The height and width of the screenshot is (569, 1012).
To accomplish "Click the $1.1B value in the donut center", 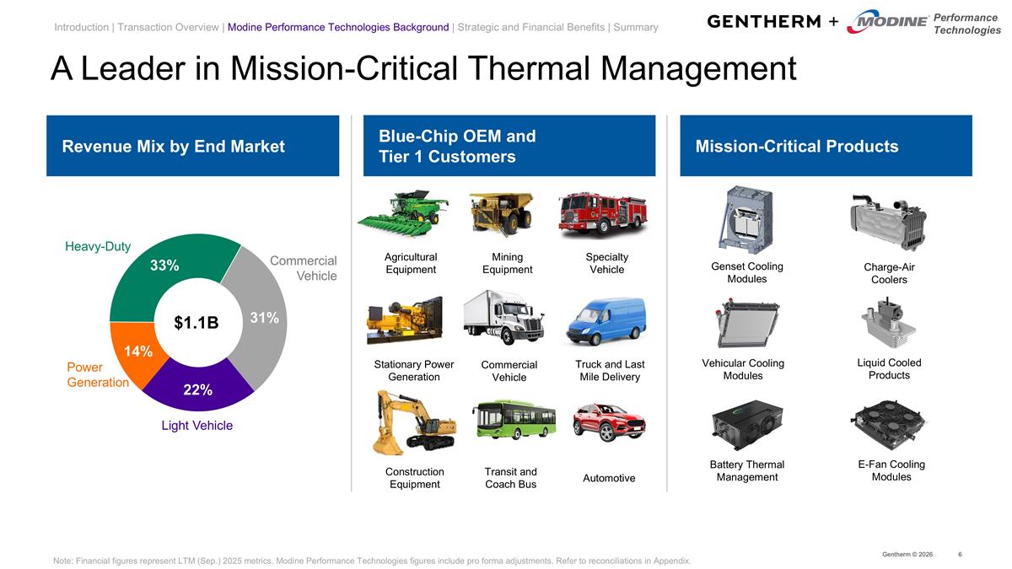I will click(x=196, y=323).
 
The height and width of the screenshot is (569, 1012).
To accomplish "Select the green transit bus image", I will click(x=513, y=419).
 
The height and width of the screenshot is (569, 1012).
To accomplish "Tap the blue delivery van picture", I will click(x=606, y=321).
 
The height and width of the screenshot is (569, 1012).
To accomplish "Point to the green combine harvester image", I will click(x=402, y=215).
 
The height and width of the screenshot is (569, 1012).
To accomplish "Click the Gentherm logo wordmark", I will click(x=763, y=21).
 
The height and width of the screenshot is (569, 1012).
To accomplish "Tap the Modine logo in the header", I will click(x=886, y=22).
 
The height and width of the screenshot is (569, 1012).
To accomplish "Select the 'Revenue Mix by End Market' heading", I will click(x=173, y=147).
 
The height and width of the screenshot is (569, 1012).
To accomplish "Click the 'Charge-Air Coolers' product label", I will click(x=889, y=273).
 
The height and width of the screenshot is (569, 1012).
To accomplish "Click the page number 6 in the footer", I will click(x=961, y=554).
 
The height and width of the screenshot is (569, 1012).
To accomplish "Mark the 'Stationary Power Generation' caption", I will click(x=413, y=371).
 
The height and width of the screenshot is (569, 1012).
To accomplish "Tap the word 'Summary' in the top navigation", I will click(x=636, y=27).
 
